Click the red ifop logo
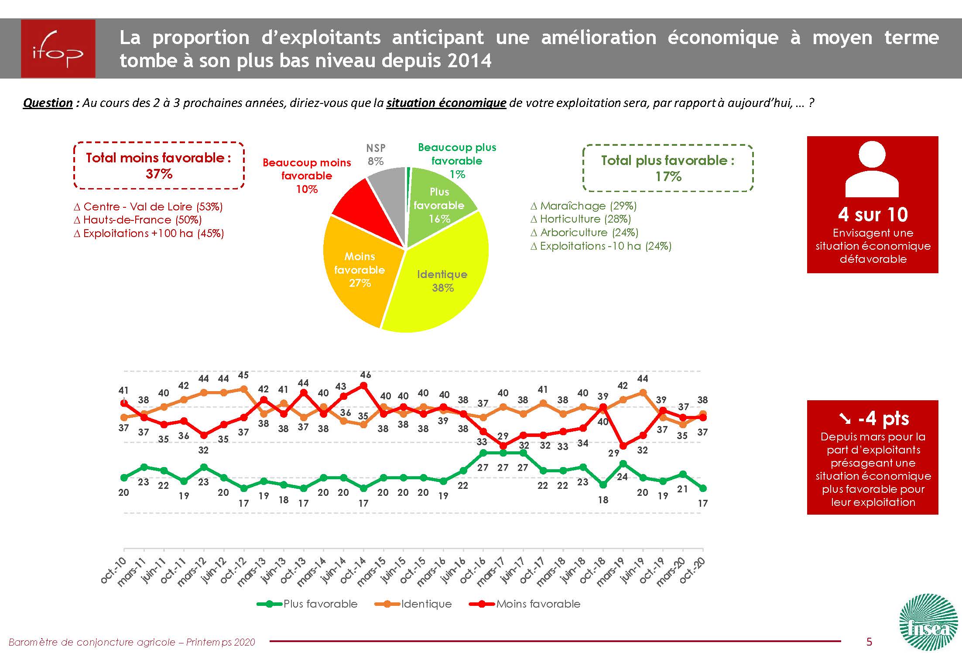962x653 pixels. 58,49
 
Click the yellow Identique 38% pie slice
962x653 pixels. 441,279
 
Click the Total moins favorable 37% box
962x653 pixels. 159,165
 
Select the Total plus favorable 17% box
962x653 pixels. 668,168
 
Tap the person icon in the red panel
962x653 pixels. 872,170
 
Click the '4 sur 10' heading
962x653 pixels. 873,214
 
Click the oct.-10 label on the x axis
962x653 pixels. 113,570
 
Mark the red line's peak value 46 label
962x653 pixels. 365,375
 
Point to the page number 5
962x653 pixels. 869,641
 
